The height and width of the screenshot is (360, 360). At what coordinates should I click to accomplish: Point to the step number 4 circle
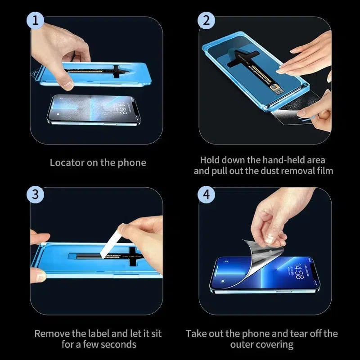[207, 195]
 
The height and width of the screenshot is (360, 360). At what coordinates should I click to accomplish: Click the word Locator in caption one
[67, 162]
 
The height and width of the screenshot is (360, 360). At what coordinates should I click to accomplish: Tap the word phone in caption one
[132, 162]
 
